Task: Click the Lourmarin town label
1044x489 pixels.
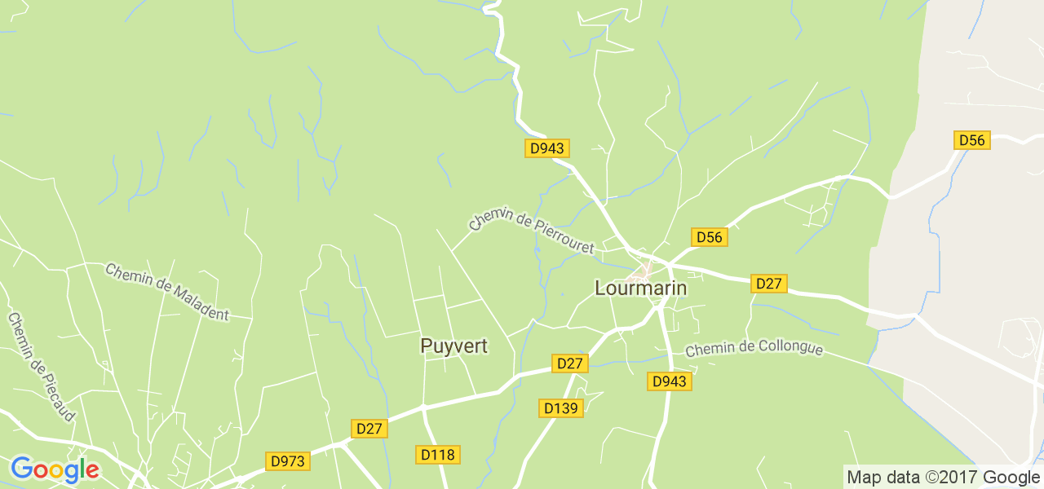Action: click(x=640, y=289)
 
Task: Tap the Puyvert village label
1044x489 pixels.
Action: click(x=453, y=346)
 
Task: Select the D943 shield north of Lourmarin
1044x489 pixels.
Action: click(x=546, y=148)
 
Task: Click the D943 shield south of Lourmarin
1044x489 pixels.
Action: click(x=670, y=381)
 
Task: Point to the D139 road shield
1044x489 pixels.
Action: click(x=561, y=407)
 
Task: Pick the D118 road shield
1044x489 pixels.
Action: click(x=438, y=454)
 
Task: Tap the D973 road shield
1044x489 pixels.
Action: click(x=287, y=461)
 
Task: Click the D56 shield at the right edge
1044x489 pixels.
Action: click(x=971, y=140)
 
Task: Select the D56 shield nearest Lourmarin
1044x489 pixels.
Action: click(x=709, y=237)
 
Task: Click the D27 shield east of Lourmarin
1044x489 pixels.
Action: click(x=768, y=284)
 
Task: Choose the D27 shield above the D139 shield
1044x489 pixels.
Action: click(x=568, y=363)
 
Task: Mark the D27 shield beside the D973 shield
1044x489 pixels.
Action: click(x=369, y=428)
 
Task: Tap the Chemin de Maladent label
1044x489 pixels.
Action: click(x=167, y=292)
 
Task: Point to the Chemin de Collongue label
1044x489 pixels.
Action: click(x=754, y=349)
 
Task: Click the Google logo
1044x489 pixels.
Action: click(x=55, y=470)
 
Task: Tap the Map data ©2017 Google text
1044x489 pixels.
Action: click(x=943, y=477)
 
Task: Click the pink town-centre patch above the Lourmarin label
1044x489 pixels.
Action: click(x=645, y=268)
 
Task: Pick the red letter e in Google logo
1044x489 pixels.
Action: click(x=92, y=471)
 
